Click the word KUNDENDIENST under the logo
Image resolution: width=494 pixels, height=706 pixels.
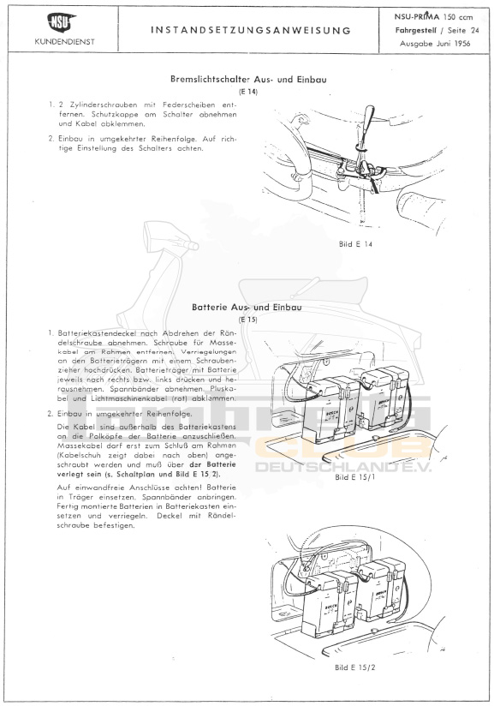click(65, 41)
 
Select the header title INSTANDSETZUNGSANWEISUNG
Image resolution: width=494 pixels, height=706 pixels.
click(251, 30)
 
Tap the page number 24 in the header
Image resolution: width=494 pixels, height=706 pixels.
click(474, 31)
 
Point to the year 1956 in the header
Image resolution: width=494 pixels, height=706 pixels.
click(461, 44)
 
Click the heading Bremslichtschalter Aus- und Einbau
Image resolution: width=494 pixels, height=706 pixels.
click(248, 79)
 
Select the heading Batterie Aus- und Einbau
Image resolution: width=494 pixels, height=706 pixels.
click(247, 308)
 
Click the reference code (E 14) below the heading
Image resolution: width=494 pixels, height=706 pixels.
click(248, 92)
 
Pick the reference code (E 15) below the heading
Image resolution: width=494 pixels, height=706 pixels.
click(248, 320)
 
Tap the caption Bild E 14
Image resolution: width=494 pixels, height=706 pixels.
click(355, 244)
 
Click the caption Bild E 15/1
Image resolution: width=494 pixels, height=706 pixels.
click(354, 477)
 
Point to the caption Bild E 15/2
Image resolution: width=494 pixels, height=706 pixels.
click(354, 667)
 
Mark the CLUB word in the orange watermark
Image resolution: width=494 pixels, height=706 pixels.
click(342, 448)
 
